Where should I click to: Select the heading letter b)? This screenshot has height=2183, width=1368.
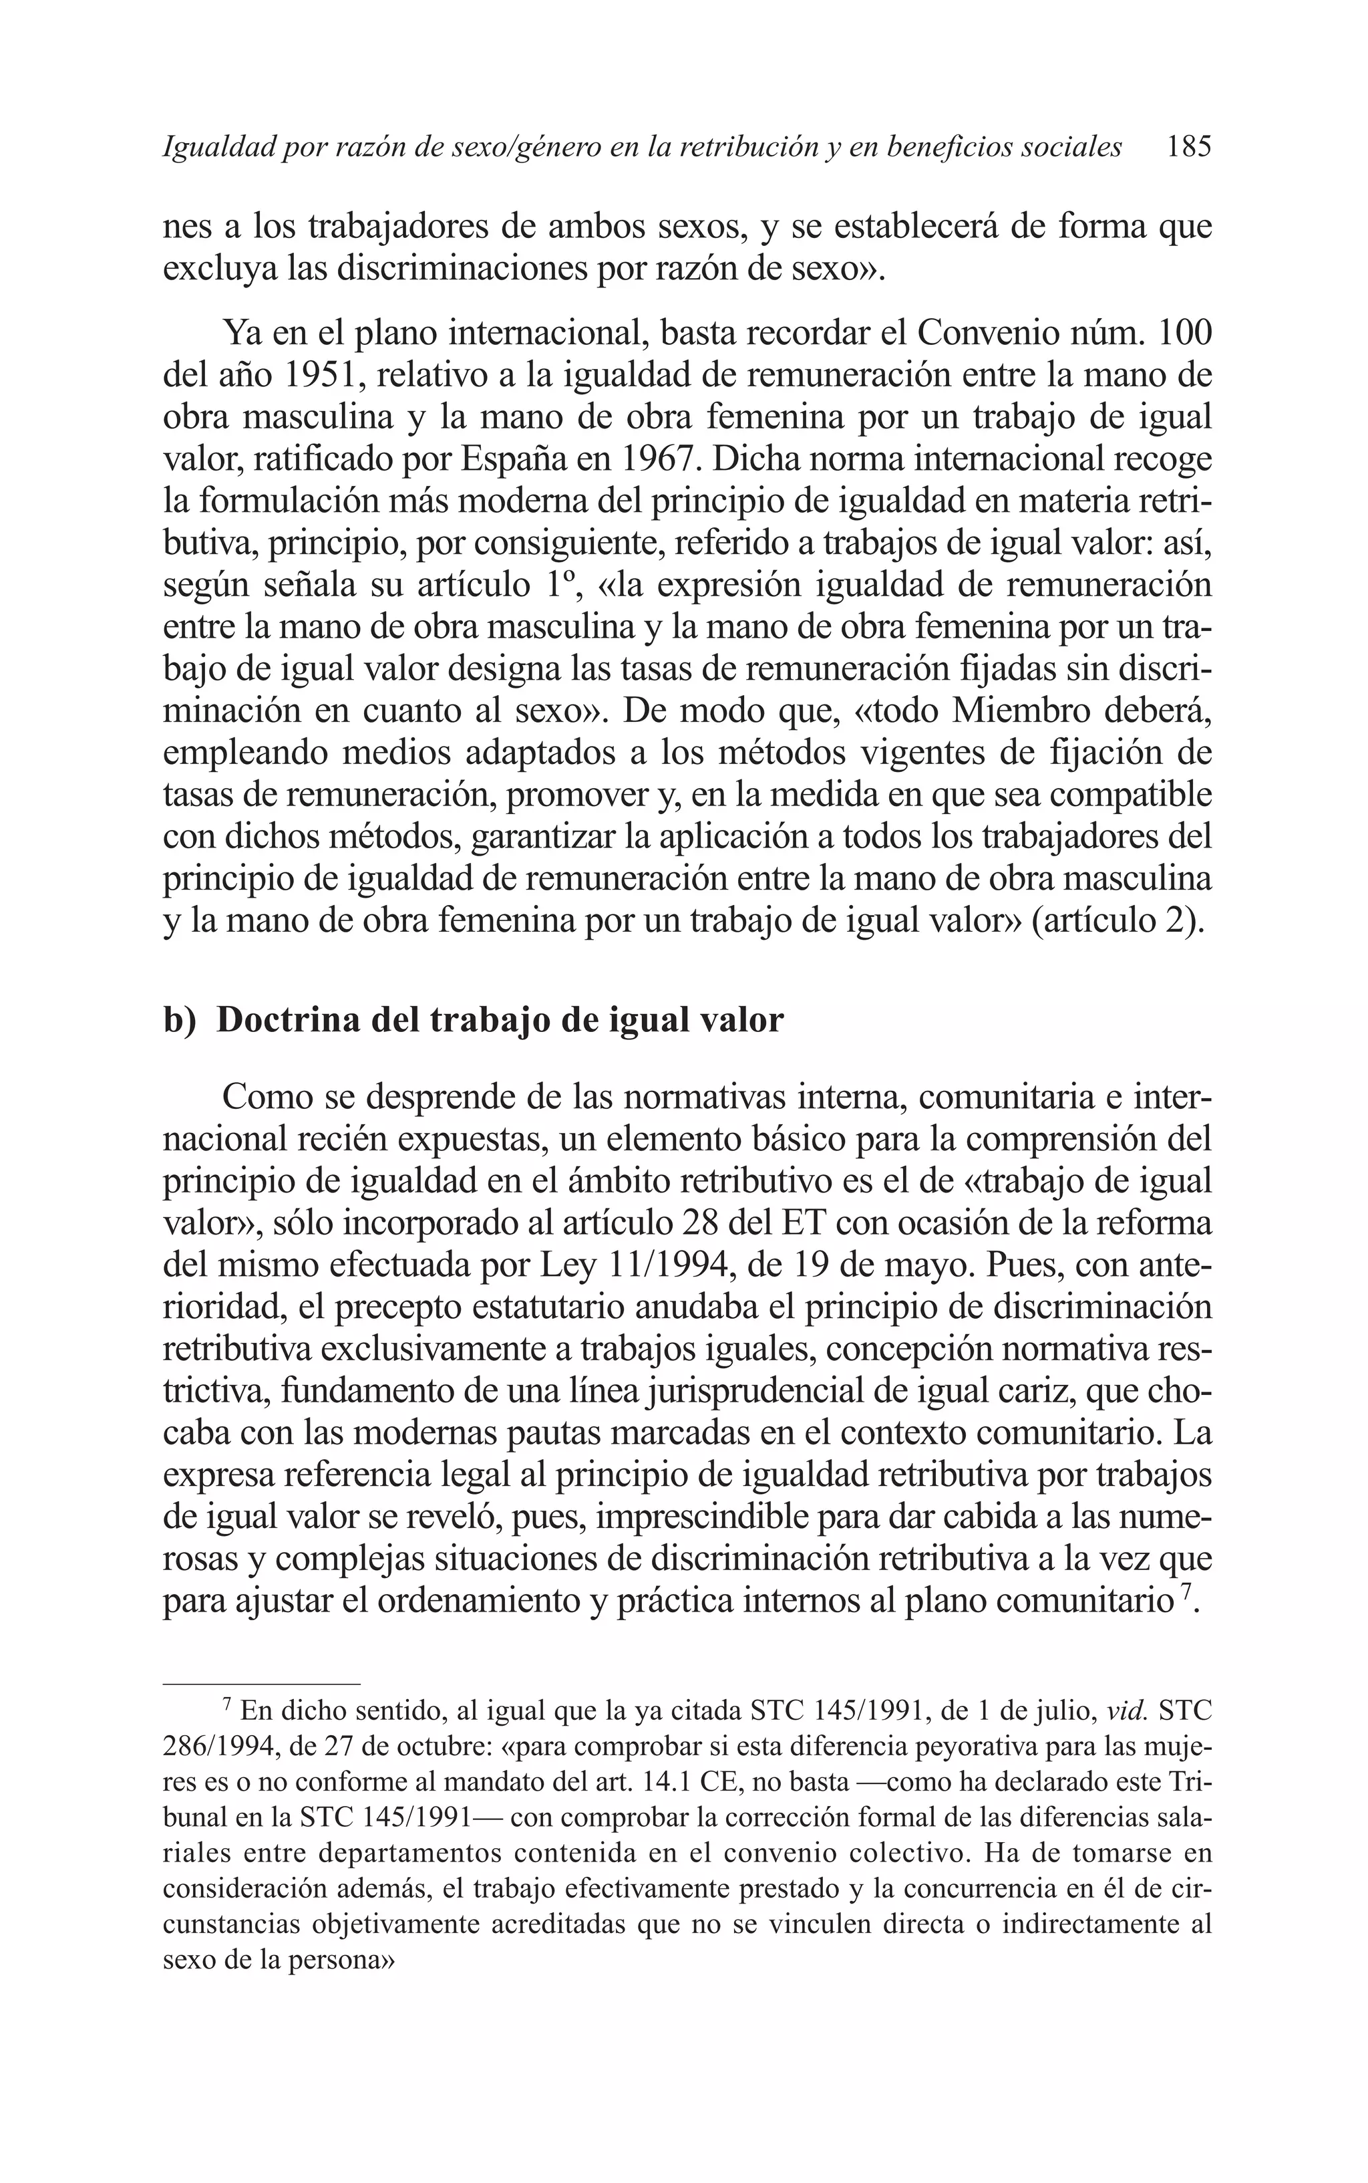[x=179, y=1021]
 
